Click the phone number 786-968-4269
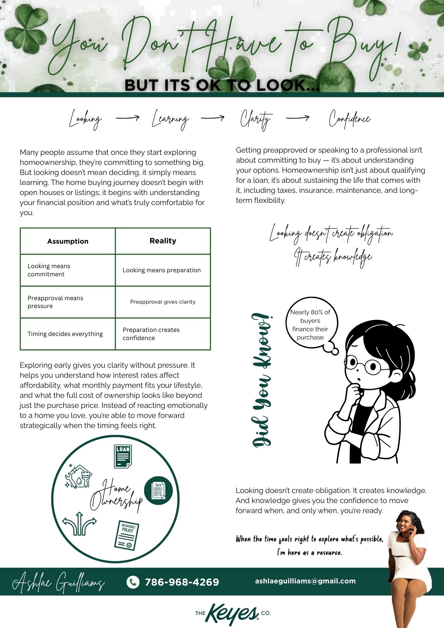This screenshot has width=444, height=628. [182, 582]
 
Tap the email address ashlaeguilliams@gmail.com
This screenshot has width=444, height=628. [305, 581]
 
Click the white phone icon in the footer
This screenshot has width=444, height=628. [133, 582]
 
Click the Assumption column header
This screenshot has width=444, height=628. [68, 241]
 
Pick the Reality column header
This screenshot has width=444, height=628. [163, 241]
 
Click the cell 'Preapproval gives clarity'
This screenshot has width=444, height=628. [163, 302]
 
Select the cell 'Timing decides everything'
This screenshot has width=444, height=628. [65, 334]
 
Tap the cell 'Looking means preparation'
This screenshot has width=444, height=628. [161, 270]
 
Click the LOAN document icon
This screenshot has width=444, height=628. [123, 456]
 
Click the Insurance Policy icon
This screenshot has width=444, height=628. [127, 535]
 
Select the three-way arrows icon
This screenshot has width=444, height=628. [79, 524]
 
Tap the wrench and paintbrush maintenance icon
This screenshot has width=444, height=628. [78, 477]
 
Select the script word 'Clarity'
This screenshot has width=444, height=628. [255, 119]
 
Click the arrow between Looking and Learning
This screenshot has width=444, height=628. [127, 118]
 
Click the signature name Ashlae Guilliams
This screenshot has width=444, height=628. [58, 582]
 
